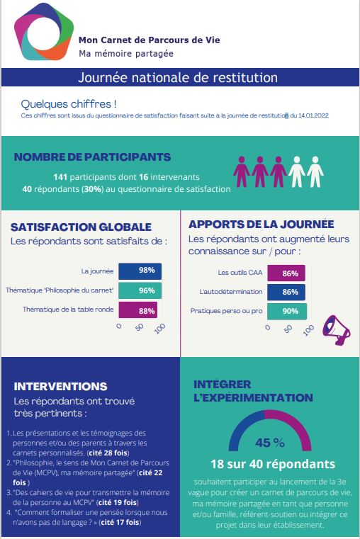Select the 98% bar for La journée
(140, 271)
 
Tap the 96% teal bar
(140, 290)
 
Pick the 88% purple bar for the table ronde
(138, 310)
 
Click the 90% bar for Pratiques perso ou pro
(287, 311)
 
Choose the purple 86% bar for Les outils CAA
(286, 273)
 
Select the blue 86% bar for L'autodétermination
(286, 292)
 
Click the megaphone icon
(336, 330)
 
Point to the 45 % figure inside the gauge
(270, 443)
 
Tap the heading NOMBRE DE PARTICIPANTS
(92, 157)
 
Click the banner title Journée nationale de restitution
(178, 77)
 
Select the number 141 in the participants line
(60, 177)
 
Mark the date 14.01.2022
(313, 115)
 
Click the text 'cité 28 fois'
(108, 453)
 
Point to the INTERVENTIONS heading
(60, 387)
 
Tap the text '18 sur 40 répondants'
(273, 464)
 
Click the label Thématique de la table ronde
(68, 310)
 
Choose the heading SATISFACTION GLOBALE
(81, 227)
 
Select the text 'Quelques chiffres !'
(69, 104)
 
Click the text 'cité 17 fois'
(120, 523)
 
